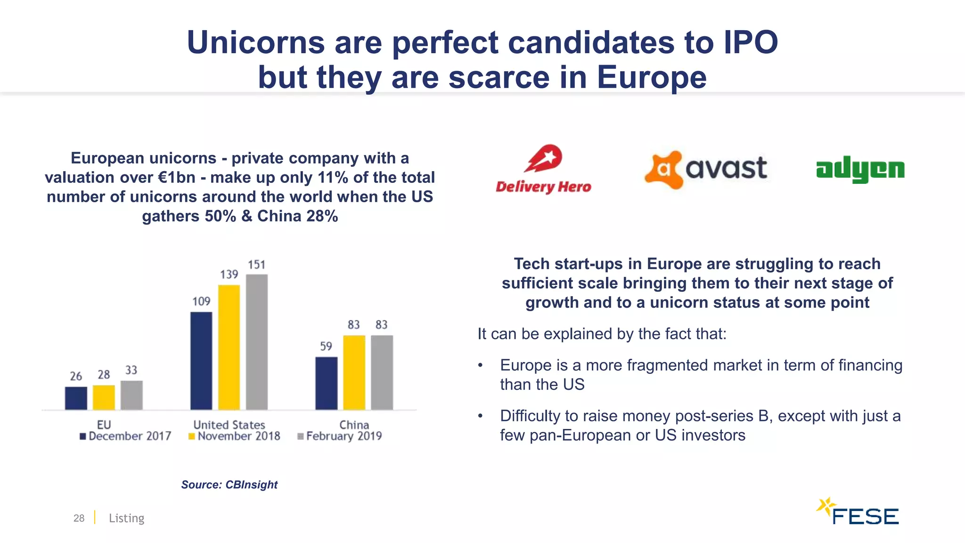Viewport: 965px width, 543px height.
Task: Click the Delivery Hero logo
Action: (543, 169)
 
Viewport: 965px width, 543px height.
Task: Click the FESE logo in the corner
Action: (858, 512)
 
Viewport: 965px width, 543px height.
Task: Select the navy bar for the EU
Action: (76, 398)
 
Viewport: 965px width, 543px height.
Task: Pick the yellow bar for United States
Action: (229, 347)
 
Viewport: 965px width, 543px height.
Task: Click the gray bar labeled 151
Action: (257, 342)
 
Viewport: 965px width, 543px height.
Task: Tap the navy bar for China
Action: (326, 383)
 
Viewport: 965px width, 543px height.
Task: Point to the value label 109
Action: (201, 301)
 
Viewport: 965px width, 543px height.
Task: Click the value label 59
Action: (326, 346)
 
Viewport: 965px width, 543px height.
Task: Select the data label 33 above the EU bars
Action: (131, 370)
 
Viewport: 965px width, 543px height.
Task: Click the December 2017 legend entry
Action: (125, 436)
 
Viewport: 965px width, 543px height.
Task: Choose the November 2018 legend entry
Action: (234, 436)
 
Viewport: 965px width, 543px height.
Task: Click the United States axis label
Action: (229, 425)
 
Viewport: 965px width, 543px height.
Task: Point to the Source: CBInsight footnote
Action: (229, 485)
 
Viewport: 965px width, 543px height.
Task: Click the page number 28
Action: (79, 518)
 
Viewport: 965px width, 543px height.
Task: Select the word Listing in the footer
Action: (126, 518)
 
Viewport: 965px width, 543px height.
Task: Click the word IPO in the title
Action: (751, 42)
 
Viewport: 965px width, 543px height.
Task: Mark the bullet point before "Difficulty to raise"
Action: (480, 416)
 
